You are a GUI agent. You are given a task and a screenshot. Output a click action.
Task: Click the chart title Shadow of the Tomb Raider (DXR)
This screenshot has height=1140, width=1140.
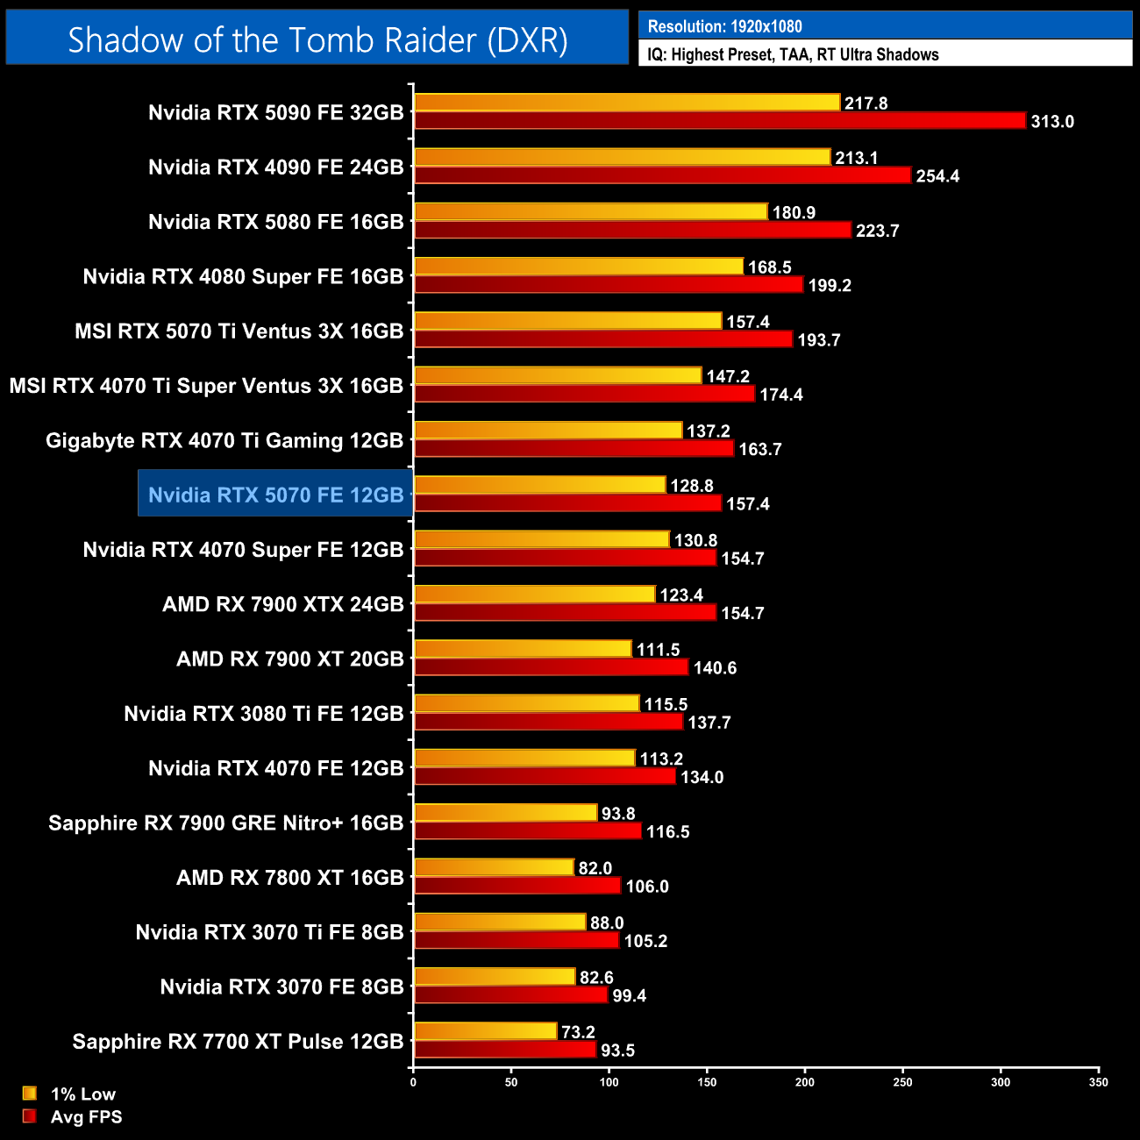pyautogui.click(x=317, y=40)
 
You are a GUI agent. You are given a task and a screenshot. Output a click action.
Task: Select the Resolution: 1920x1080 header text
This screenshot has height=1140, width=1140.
pyautogui.click(x=724, y=26)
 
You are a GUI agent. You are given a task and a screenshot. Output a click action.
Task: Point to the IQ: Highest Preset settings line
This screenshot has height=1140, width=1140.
pyautogui.click(x=793, y=54)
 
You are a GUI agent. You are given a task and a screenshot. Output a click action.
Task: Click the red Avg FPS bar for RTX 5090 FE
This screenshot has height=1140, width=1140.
pyautogui.click(x=719, y=121)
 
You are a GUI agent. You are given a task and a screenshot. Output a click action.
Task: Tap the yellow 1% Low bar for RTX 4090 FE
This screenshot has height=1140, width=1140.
pyautogui.click(x=622, y=158)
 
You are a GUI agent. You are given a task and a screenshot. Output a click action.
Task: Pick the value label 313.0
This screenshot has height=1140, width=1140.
pyautogui.click(x=1052, y=122)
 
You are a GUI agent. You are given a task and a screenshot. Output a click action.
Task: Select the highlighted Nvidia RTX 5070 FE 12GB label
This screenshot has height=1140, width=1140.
pyautogui.click(x=275, y=495)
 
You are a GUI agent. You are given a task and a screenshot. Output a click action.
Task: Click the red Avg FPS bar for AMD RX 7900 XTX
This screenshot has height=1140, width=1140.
pyautogui.click(x=565, y=613)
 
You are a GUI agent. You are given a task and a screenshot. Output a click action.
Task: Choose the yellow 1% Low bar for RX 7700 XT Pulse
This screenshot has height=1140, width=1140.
pyautogui.click(x=485, y=1032)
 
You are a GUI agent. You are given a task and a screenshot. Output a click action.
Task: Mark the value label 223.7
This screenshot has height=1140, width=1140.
pyautogui.click(x=877, y=232)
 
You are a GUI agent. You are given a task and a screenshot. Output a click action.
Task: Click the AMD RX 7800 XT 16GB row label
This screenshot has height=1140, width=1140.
pyautogui.click(x=289, y=878)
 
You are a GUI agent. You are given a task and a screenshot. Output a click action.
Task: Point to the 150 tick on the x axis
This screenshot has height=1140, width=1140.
pyautogui.click(x=707, y=1082)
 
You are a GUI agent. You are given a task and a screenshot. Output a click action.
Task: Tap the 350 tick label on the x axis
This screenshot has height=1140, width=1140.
pyautogui.click(x=1098, y=1082)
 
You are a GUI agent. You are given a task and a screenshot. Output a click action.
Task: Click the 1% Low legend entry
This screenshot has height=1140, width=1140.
pyautogui.click(x=82, y=1094)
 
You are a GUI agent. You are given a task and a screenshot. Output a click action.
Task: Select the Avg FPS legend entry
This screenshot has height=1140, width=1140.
pyautogui.click(x=86, y=1117)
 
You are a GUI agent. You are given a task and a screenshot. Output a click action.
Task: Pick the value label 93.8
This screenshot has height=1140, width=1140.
pyautogui.click(x=618, y=814)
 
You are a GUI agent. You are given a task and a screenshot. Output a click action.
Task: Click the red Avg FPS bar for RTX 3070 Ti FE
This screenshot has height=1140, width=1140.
pyautogui.click(x=517, y=941)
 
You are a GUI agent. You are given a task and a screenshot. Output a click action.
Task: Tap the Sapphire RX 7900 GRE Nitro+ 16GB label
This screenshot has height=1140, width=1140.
pyautogui.click(x=225, y=823)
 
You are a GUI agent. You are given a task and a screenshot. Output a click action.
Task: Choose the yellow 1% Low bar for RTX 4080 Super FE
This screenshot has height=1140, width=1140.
pyautogui.click(x=579, y=267)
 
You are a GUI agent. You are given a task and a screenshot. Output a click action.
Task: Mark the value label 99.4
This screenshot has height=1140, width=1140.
pyautogui.click(x=629, y=996)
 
